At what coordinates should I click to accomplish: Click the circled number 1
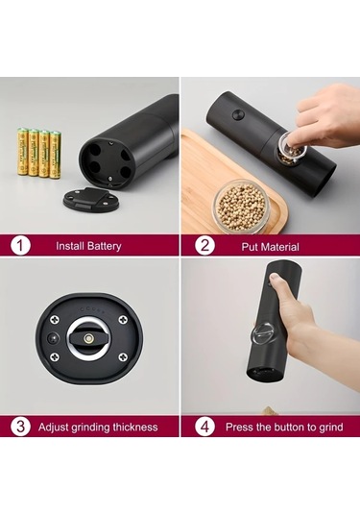pyautogui.click(x=20, y=246)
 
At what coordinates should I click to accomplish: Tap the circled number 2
pyautogui.click(x=204, y=246)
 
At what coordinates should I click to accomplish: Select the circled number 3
pyautogui.click(x=20, y=427)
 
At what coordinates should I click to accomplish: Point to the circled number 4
pyautogui.click(x=204, y=427)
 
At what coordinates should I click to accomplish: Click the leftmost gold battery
pyautogui.click(x=23, y=152)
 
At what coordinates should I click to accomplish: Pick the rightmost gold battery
pyautogui.click(x=55, y=155)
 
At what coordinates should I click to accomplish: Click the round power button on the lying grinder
pyautogui.click(x=238, y=114)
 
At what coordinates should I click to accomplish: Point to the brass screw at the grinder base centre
pyautogui.click(x=87, y=338)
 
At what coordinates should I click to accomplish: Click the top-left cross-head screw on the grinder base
pyautogui.click(x=54, y=319)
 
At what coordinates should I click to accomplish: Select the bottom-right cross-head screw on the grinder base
pyautogui.click(x=123, y=357)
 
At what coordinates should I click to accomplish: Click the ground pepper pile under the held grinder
pyautogui.click(x=269, y=410)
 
